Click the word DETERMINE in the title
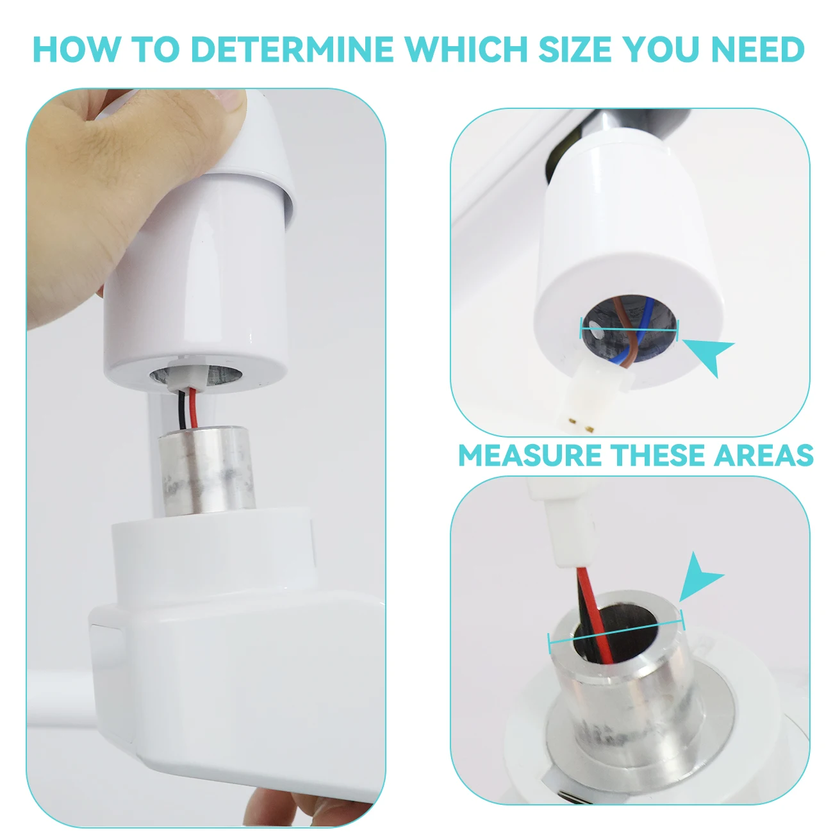click(x=292, y=49)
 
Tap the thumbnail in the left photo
click(x=227, y=99)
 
